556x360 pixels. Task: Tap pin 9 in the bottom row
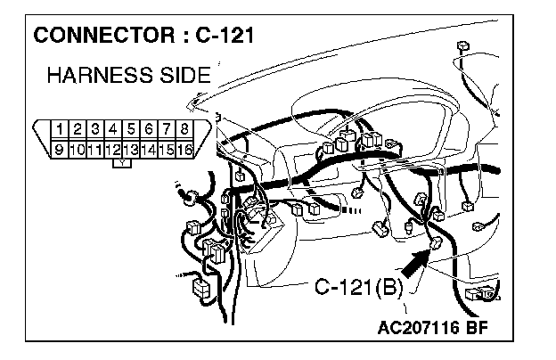pyautogui.click(x=60, y=149)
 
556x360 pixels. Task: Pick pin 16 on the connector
pyautogui.click(x=184, y=149)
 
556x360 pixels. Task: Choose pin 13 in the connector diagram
pyautogui.click(x=131, y=149)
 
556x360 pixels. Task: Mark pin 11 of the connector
pyautogui.click(x=95, y=149)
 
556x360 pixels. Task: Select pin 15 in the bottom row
pyautogui.click(x=167, y=149)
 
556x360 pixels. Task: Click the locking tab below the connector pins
pyautogui.click(x=122, y=162)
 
